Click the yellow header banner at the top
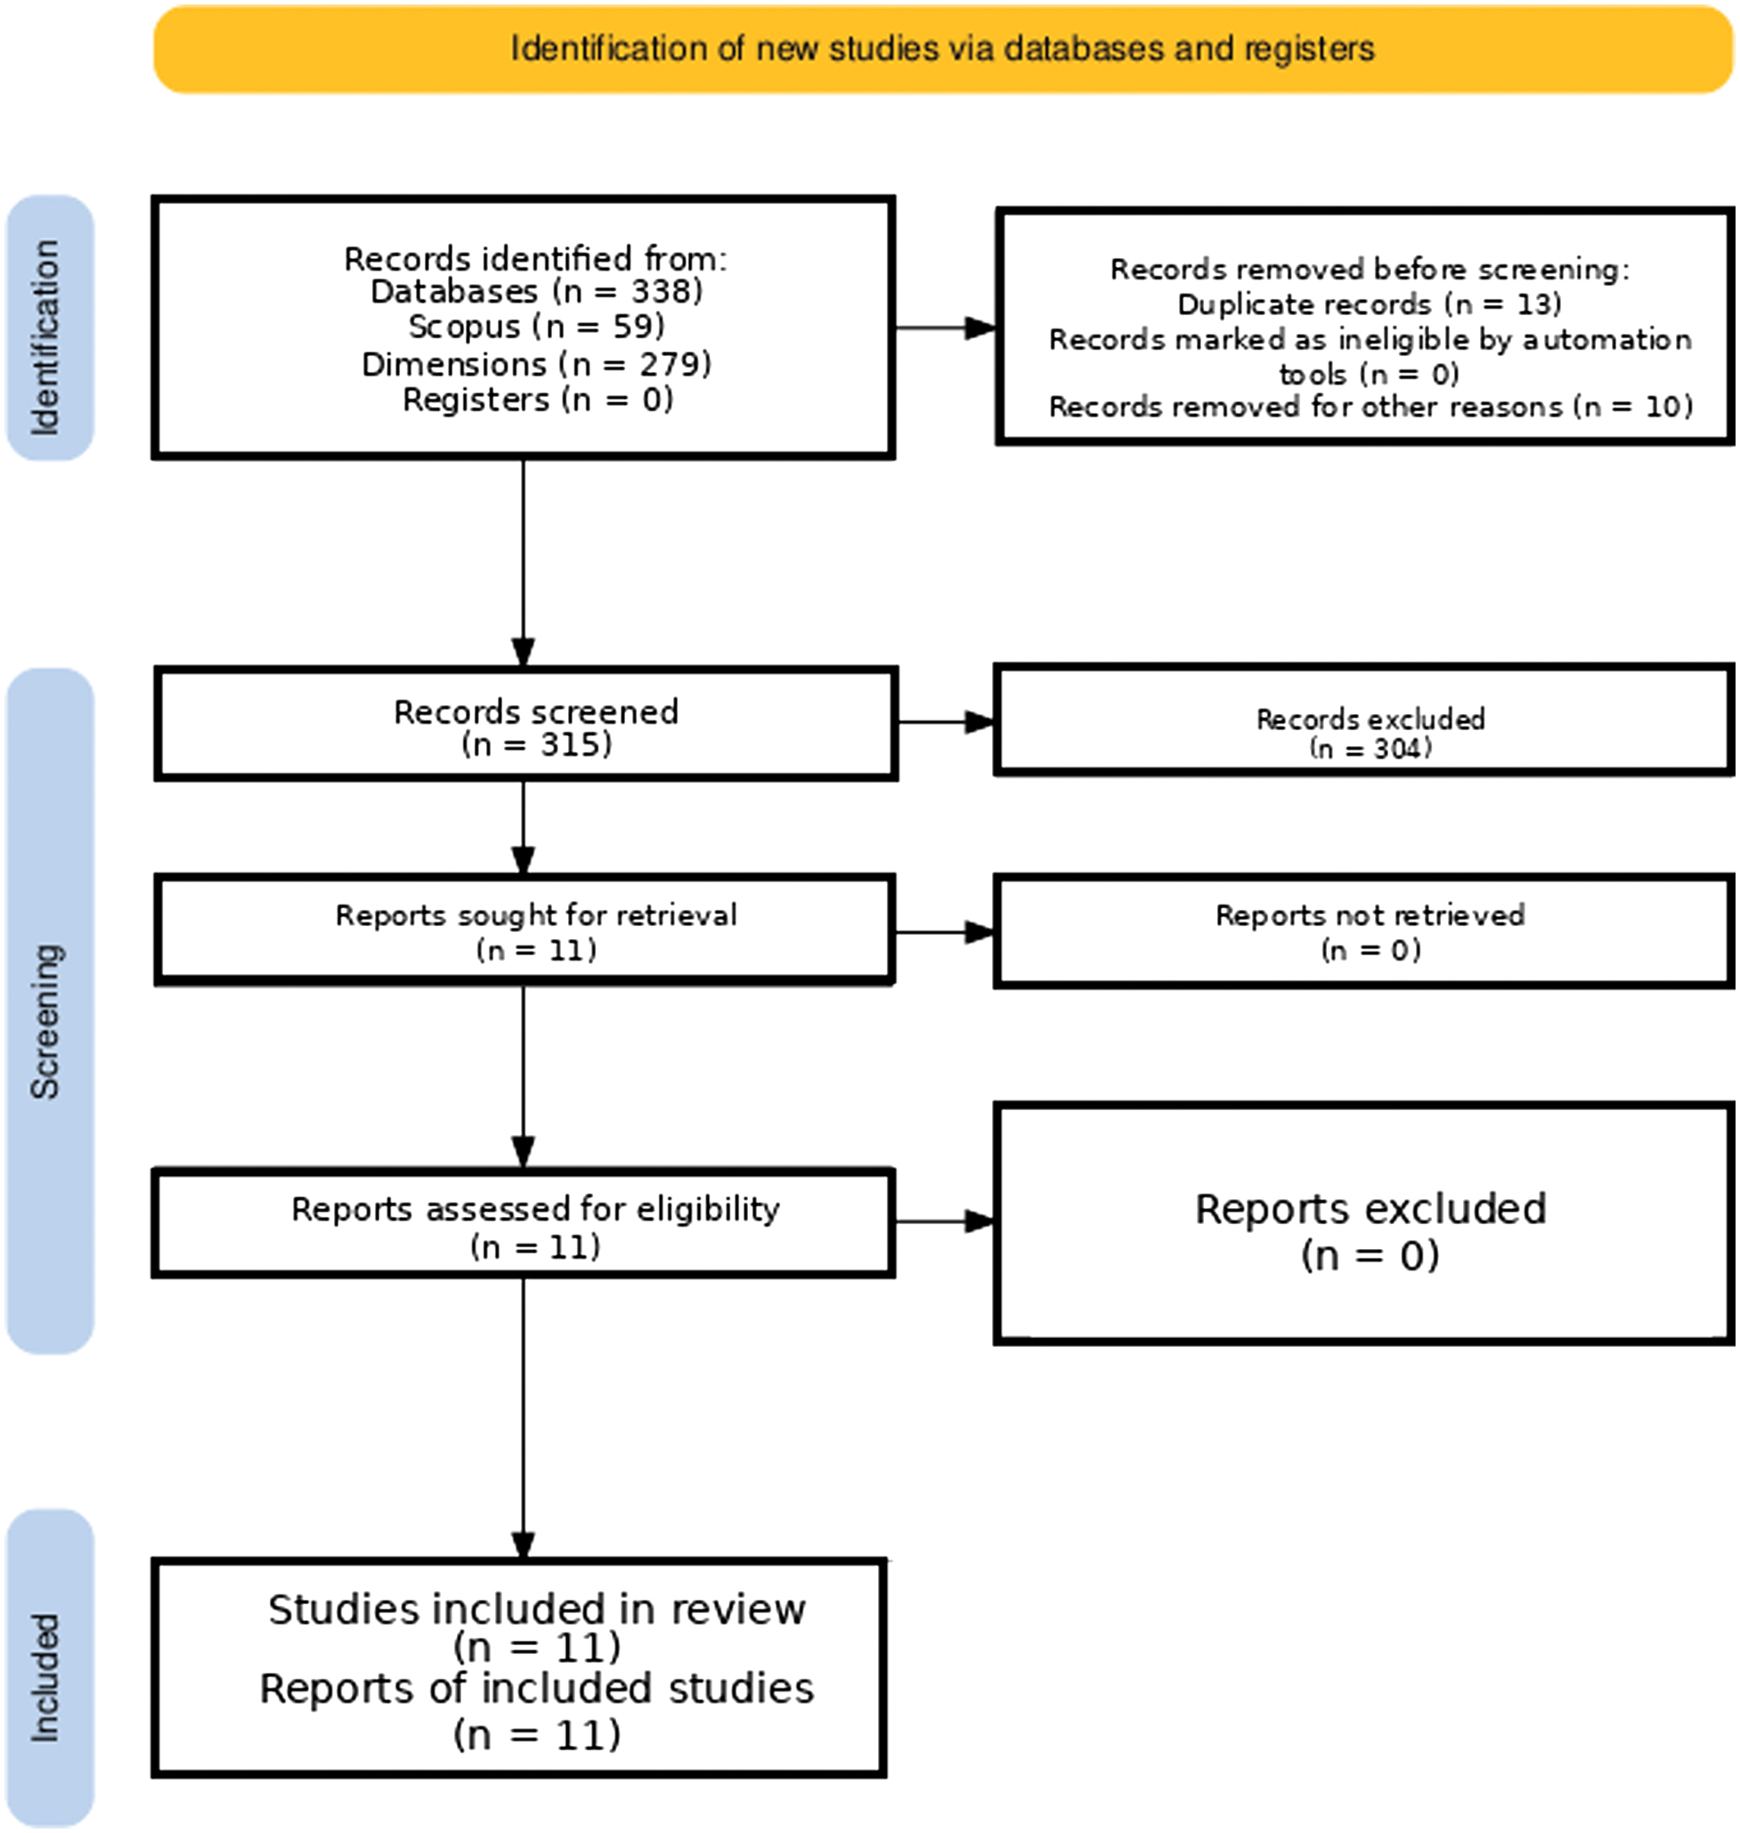pyautogui.click(x=943, y=49)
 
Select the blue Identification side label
pyautogui.click(x=50, y=328)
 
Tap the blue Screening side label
pyautogui.click(x=50, y=1011)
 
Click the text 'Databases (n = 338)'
pyautogui.click(x=536, y=292)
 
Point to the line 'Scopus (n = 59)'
pyautogui.click(x=536, y=328)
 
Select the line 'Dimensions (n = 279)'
pyautogui.click(x=536, y=364)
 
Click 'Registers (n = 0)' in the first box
pyautogui.click(x=537, y=400)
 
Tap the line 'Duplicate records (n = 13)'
pyautogui.click(x=1369, y=304)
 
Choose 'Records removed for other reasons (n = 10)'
pyautogui.click(x=1370, y=407)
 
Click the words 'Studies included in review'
pyautogui.click(x=537, y=1610)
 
